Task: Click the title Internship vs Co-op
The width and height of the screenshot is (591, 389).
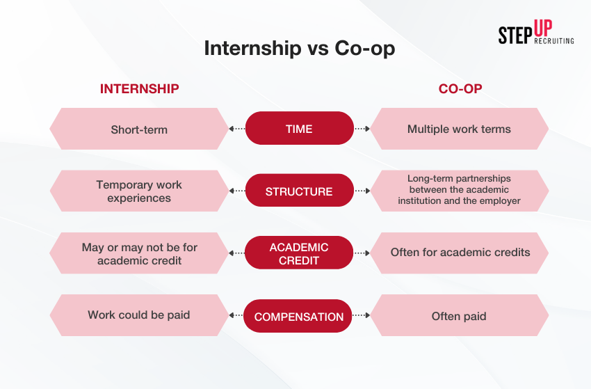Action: tap(299, 48)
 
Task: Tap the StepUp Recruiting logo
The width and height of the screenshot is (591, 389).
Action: tap(536, 33)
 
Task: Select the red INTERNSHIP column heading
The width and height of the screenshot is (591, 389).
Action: tap(140, 88)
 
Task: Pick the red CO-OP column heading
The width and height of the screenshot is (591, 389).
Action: tap(460, 88)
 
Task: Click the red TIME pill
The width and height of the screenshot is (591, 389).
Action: tap(299, 128)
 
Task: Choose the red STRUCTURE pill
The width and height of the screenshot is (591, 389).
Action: tap(299, 191)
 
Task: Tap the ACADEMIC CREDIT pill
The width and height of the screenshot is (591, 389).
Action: tap(299, 253)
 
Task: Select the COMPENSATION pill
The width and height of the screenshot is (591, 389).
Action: tap(298, 316)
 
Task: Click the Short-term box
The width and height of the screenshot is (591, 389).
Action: tap(139, 129)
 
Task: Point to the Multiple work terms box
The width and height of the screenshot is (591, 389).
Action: tap(459, 129)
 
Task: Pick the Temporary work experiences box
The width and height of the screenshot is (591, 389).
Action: tap(139, 191)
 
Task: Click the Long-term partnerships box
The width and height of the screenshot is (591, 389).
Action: tap(459, 191)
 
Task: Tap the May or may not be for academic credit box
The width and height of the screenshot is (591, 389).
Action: tap(139, 253)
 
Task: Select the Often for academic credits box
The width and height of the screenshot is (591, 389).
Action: tap(459, 253)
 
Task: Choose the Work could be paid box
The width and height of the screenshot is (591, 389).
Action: tap(139, 315)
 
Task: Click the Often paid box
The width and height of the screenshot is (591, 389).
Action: tap(459, 315)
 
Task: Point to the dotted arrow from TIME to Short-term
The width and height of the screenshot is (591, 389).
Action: tap(237, 129)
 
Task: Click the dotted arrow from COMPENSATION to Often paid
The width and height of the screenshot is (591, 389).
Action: tap(361, 315)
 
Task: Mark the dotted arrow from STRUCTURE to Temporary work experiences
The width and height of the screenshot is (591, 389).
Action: tap(237, 191)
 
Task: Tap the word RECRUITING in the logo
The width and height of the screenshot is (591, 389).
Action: tap(554, 41)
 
